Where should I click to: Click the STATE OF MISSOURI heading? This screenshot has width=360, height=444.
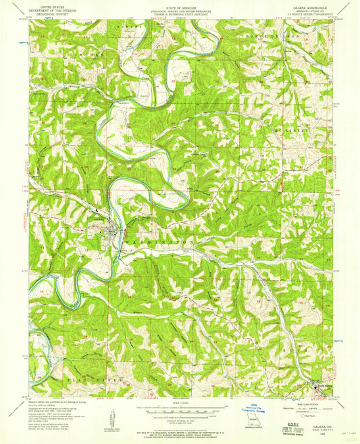[x=179, y=5]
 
